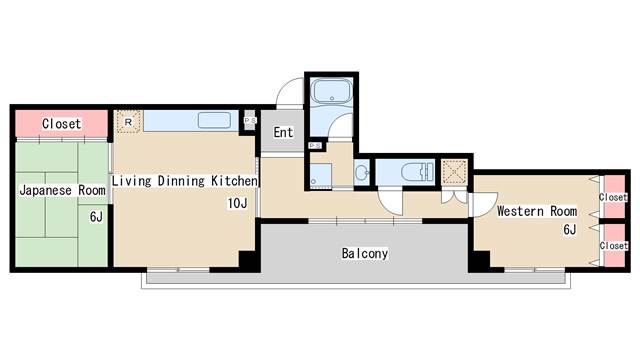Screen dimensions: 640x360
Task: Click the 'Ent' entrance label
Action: click(x=283, y=132)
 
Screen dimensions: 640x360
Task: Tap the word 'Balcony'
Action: click(x=364, y=253)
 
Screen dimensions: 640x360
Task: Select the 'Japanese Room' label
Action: click(x=62, y=190)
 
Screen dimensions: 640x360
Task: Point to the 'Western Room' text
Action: click(x=537, y=211)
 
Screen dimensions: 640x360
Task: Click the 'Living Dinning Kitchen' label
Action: click(x=185, y=180)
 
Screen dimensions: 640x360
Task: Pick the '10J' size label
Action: click(x=237, y=203)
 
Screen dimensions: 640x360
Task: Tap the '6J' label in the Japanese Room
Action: click(x=96, y=217)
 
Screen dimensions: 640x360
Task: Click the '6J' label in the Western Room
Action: click(x=570, y=229)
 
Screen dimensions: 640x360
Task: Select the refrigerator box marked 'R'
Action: click(x=128, y=121)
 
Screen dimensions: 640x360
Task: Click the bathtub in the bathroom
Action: click(x=331, y=91)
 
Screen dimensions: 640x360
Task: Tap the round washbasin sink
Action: click(x=362, y=173)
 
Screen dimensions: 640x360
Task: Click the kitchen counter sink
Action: click(x=214, y=120)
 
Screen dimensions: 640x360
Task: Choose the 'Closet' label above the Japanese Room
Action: click(x=61, y=123)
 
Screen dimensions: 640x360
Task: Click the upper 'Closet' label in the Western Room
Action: click(x=613, y=197)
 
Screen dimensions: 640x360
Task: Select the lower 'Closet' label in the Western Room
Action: click(x=613, y=246)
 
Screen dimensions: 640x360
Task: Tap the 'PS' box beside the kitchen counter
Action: click(x=250, y=120)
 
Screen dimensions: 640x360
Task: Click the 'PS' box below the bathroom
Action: click(x=315, y=145)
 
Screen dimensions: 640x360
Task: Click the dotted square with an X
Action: click(x=454, y=170)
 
